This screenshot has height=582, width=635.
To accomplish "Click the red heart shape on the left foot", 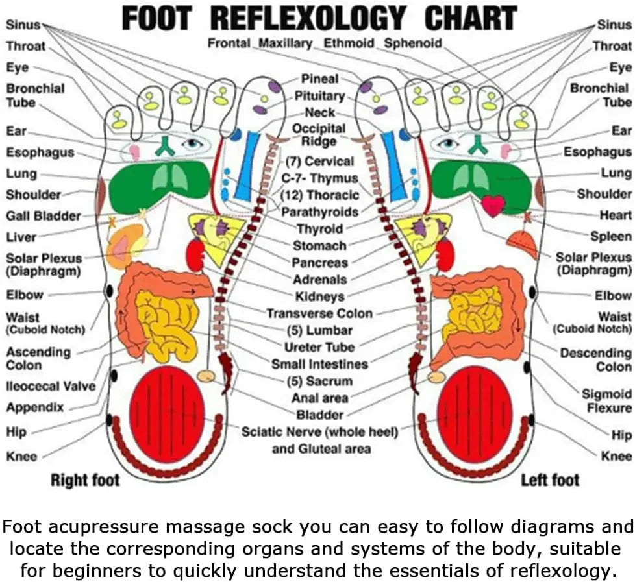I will [x=493, y=206].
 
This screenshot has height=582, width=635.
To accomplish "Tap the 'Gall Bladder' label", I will [x=44, y=216].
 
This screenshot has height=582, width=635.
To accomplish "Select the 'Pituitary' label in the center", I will [x=319, y=95].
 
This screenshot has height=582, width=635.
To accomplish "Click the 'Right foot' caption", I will [x=85, y=480].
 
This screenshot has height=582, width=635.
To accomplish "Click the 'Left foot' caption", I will [x=549, y=480].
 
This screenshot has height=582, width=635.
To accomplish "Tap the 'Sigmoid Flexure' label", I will [x=606, y=400].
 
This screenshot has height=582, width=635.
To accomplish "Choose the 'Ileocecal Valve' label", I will [x=51, y=387].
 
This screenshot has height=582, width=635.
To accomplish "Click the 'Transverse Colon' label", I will [x=319, y=313].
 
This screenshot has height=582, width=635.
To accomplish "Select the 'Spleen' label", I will [x=610, y=236].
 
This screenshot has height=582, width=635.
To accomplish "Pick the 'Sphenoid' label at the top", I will [x=413, y=43].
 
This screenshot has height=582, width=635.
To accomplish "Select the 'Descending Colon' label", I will [x=595, y=359].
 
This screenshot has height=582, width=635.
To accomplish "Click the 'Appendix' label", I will [x=35, y=407].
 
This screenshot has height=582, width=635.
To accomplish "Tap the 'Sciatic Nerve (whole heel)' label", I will [x=319, y=431].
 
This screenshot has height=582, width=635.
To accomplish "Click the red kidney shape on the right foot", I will [x=195, y=255].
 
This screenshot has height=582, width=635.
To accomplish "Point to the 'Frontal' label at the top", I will [x=229, y=43].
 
